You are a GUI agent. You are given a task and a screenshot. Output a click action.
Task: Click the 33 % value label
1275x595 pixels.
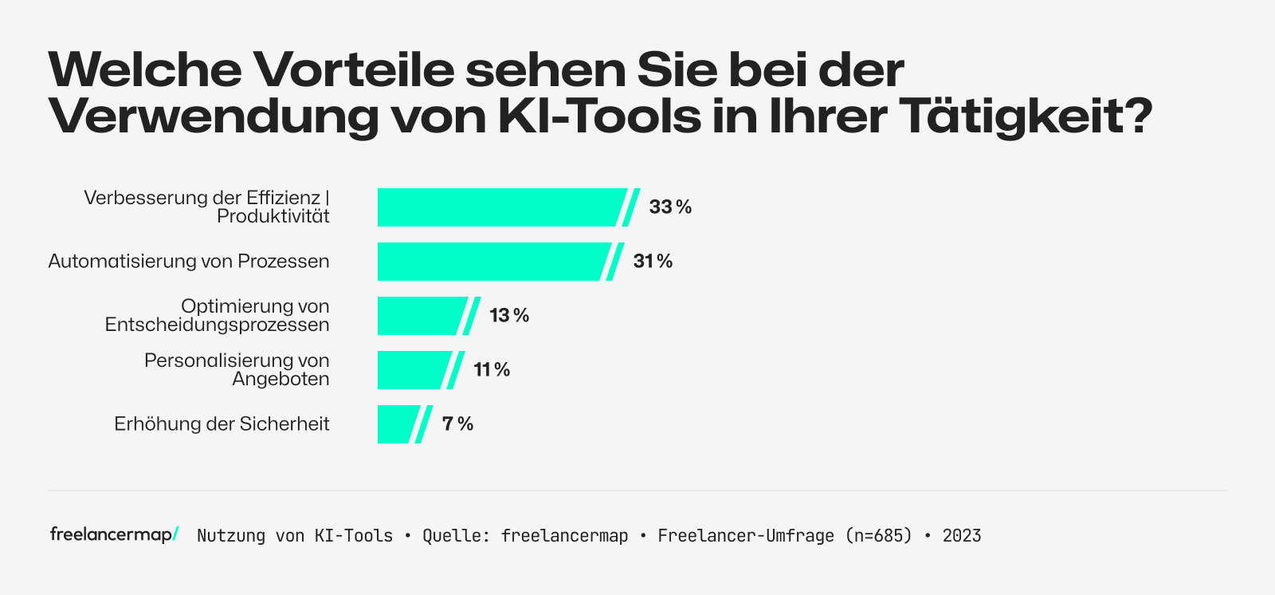pos(670,207)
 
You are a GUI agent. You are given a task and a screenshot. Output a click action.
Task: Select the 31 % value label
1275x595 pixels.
pos(653,262)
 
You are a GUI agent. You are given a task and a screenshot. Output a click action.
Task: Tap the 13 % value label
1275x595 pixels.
pos(509,316)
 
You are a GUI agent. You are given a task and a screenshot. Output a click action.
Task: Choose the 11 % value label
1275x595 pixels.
pos(492,370)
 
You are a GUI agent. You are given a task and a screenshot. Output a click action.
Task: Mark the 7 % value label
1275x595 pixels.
pos(457,424)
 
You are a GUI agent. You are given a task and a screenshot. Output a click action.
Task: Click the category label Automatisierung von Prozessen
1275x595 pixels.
pos(189,262)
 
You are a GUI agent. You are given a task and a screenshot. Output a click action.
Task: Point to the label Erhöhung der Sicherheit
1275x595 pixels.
pos(222,424)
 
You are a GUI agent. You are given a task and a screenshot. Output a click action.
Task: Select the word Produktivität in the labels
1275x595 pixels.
pos(273,217)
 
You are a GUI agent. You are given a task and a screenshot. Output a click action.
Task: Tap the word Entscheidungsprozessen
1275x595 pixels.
pos(217,325)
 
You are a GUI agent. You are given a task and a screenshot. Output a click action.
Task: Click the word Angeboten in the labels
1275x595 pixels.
pos(280,380)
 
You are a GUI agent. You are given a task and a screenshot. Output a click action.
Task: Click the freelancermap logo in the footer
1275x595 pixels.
pos(114,534)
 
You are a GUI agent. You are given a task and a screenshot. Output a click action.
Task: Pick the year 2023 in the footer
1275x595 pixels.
pos(962,536)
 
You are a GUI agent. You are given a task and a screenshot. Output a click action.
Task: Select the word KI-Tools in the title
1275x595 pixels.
pos(599,116)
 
